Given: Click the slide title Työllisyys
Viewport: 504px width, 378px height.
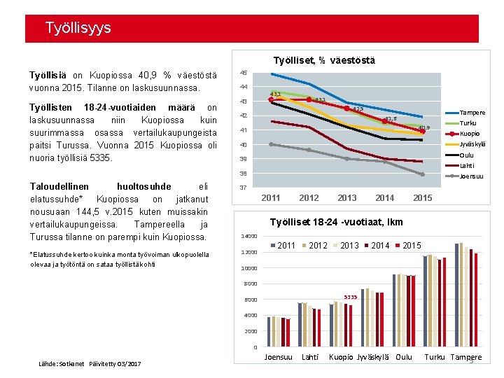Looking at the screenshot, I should pyautogui.click(x=78, y=29).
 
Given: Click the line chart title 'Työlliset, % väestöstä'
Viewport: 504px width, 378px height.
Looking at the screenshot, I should pyautogui.click(x=324, y=61).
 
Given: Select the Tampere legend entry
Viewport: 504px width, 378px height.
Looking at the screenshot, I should pyautogui.click(x=472, y=113).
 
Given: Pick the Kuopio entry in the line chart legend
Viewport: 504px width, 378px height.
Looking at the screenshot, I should pyautogui.click(x=469, y=134).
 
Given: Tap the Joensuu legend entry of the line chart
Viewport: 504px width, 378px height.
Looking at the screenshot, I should pyautogui.click(x=471, y=176).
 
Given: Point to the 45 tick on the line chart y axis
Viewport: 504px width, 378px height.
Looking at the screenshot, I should pyautogui.click(x=243, y=73).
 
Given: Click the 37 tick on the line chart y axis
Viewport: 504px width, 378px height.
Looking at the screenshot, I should pyautogui.click(x=243, y=188).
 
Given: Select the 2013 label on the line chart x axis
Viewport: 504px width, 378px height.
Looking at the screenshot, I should pyautogui.click(x=346, y=198).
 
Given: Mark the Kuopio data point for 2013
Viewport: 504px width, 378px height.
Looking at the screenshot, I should pyautogui.click(x=346, y=108).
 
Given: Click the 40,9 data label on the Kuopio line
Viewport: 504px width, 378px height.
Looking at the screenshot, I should pyautogui.click(x=423, y=127).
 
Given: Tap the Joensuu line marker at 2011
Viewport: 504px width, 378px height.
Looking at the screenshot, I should pyautogui.click(x=272, y=144).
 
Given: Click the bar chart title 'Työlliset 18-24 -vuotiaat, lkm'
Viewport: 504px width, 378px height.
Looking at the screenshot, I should pyautogui.click(x=337, y=223).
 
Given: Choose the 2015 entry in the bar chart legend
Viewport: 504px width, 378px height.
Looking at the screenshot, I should pyautogui.click(x=412, y=246).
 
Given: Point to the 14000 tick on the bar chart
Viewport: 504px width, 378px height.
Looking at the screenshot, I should pyautogui.click(x=250, y=236).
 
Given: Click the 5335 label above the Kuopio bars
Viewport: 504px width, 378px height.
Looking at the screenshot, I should pyautogui.click(x=350, y=297).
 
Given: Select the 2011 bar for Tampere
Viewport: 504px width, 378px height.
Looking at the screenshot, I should pyautogui.click(x=457, y=295).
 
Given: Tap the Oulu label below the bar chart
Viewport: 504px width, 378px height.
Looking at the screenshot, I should pyautogui.click(x=404, y=357).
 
